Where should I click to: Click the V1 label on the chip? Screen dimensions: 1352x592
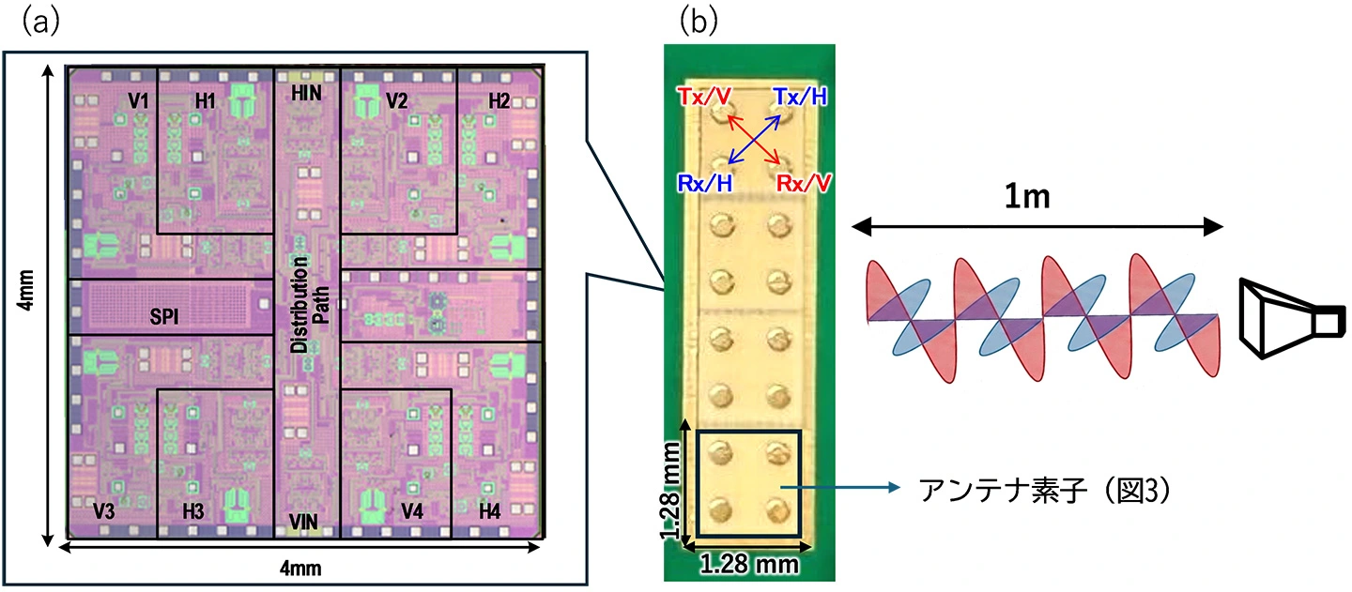pos(138,100)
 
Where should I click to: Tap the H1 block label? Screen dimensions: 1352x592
pos(206,100)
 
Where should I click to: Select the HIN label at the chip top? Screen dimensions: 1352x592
pos(306,93)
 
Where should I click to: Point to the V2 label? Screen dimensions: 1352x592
pos(396,100)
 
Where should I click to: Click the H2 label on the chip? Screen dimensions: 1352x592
pos(499,100)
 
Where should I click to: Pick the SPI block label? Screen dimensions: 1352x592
pos(164,316)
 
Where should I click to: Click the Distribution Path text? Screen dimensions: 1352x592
pos(310,304)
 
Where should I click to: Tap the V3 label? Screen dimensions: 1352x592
pos(104,511)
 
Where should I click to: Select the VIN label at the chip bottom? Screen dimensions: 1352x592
pos(303,522)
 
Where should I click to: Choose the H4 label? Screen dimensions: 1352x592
pos(489,511)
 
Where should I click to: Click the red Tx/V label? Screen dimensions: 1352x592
pos(704,96)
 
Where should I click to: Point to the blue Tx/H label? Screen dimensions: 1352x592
pos(800,96)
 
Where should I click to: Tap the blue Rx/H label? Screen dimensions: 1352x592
pos(705,183)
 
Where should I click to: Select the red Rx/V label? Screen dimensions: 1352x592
pos(804,183)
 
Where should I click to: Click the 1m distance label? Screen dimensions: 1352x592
pos(1027,196)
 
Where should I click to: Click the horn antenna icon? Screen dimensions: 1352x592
pos(1292,318)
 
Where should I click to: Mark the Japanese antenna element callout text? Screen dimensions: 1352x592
pos(1045,490)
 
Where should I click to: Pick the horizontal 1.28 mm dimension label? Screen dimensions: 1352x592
pos(749,565)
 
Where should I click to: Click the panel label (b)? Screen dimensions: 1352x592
pos(699,22)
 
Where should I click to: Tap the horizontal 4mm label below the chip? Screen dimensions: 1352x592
pos(300,568)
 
